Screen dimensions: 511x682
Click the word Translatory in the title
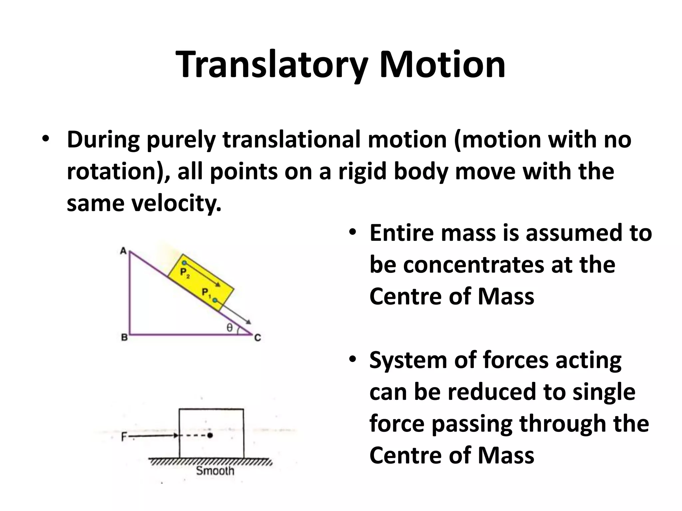(271, 65)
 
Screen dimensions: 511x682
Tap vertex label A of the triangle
(123, 251)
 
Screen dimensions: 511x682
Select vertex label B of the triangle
(124, 338)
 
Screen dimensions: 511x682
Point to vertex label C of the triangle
(257, 338)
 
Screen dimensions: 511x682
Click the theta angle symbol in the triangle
(229, 328)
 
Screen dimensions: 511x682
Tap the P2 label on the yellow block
(184, 273)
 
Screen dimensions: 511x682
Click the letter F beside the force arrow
(124, 436)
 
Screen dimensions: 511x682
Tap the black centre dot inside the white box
(209, 435)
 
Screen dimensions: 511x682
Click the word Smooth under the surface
(215, 470)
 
